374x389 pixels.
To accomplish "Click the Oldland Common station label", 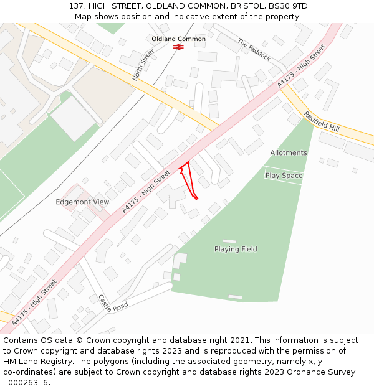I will click(178, 39).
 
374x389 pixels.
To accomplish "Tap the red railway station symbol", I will click(178, 47).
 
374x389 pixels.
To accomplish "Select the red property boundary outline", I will click(188, 180).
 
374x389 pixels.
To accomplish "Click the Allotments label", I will click(289, 152).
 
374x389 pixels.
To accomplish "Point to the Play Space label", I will click(284, 176).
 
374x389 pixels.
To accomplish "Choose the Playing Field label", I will click(236, 250).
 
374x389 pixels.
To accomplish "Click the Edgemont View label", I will click(82, 202).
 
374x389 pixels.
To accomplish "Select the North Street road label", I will click(143, 65).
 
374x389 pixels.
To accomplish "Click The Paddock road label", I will click(254, 50).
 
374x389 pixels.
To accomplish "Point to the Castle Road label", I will click(113, 302).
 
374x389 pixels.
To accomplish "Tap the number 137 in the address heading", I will click(77, 6).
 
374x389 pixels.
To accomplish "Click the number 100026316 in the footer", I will click(26, 382).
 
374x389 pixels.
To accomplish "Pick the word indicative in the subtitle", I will click(185, 16).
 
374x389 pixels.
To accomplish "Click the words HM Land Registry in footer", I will click(38, 362).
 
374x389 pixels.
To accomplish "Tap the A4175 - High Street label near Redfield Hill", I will click(302, 65).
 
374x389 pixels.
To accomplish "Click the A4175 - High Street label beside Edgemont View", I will click(146, 192).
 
